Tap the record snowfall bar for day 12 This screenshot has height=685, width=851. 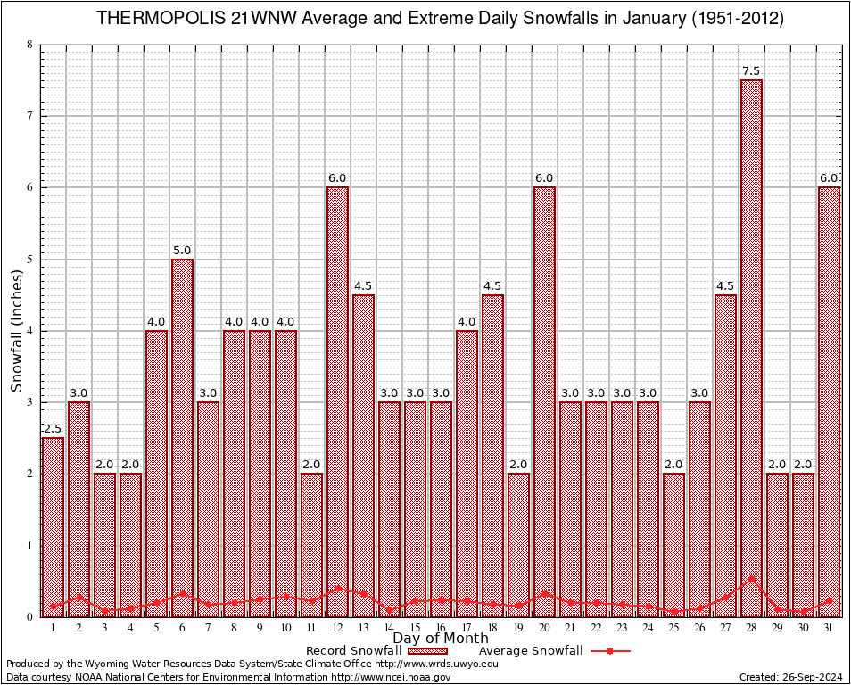tap(337, 401)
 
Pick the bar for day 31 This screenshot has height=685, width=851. tap(829, 401)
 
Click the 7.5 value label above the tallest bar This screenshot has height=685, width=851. tap(751, 71)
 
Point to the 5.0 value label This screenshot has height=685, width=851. tap(182, 251)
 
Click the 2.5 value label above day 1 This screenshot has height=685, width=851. tap(53, 429)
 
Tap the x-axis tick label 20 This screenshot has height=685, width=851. tap(544, 628)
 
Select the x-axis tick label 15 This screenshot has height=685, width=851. tap(415, 628)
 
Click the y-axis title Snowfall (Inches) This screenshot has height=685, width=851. tap(17, 331)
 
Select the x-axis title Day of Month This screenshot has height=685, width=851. tap(440, 639)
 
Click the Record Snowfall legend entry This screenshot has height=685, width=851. tap(366, 651)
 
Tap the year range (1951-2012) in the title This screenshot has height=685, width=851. tap(738, 19)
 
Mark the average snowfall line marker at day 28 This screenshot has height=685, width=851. tap(751, 578)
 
